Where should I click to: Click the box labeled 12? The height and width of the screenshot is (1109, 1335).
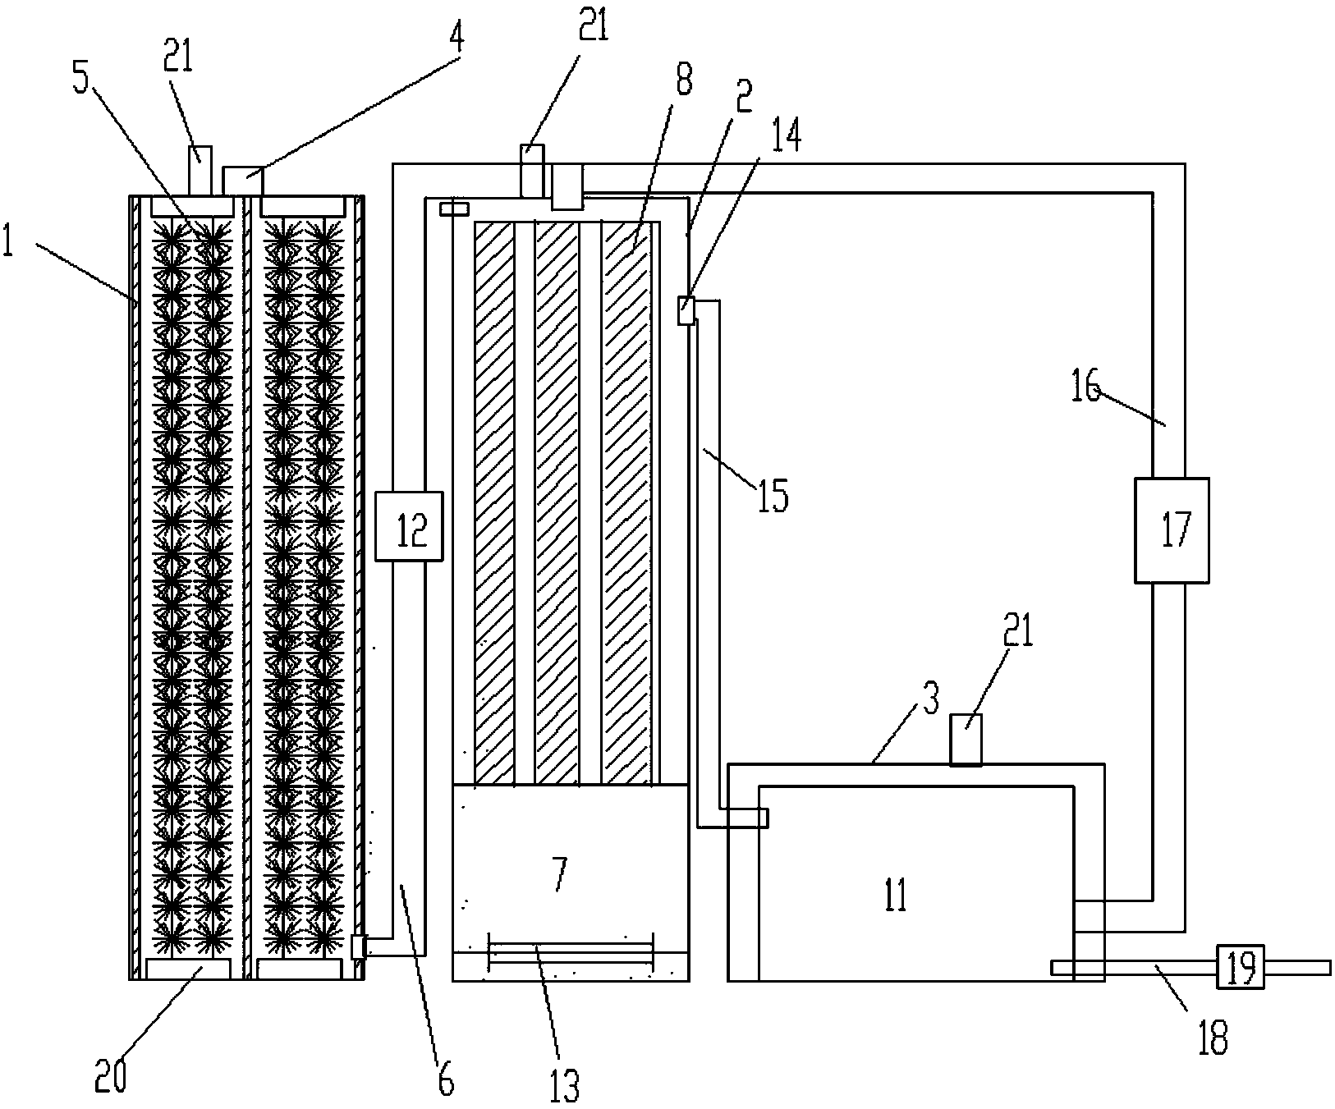click(x=409, y=526)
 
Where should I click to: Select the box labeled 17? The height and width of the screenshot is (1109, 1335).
click(x=1172, y=530)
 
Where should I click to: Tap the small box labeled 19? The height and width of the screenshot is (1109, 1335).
click(x=1240, y=968)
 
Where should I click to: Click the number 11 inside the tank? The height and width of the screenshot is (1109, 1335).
click(x=897, y=896)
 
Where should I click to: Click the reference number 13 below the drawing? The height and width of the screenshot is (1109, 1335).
click(x=563, y=1084)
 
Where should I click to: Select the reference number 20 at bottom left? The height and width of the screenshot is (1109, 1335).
click(x=112, y=1075)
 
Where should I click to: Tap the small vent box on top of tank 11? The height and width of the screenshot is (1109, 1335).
click(x=966, y=740)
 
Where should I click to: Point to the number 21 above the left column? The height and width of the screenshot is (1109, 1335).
click(x=179, y=60)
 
